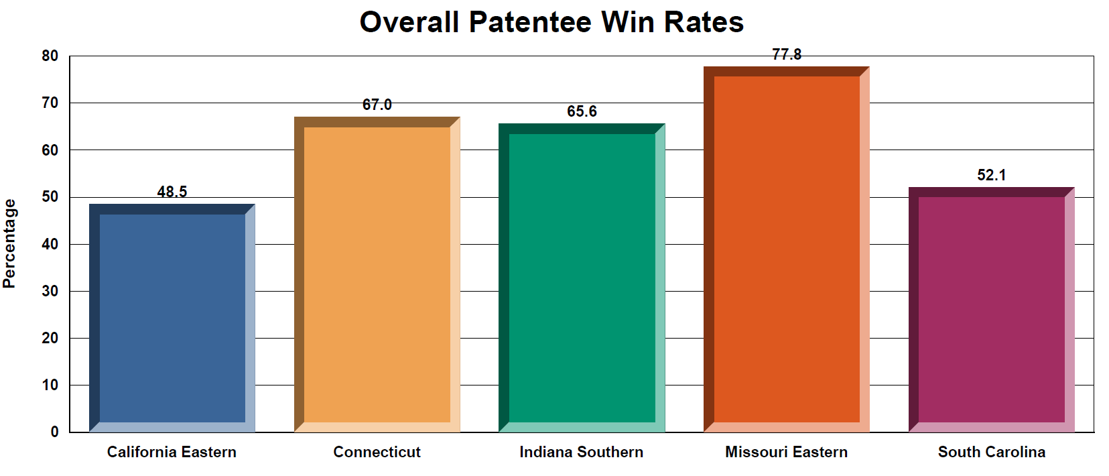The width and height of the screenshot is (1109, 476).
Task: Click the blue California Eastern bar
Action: coord(172,318)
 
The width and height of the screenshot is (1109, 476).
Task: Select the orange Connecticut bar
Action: coord(377,274)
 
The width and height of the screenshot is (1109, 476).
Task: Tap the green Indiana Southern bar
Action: coord(582,278)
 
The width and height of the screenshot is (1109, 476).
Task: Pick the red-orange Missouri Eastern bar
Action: coord(787,249)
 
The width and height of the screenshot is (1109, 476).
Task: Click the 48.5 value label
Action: coord(172,192)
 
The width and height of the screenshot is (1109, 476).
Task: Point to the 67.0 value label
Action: coord(377,105)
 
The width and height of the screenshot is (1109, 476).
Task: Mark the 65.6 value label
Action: coord(582,111)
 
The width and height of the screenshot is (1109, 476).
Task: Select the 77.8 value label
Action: coord(787,54)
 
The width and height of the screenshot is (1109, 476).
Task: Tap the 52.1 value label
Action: coord(992,175)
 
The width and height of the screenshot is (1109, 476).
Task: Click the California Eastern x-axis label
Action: coord(172,452)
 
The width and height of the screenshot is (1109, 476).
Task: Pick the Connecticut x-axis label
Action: coord(377,452)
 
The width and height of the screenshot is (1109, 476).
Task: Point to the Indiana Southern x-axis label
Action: coord(582,452)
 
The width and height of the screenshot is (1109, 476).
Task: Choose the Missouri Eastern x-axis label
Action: coord(787,452)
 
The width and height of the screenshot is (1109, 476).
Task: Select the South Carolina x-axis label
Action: coord(992,452)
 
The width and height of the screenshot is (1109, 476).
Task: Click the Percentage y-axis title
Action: coord(9,243)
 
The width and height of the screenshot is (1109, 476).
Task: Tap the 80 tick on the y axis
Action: coord(50,56)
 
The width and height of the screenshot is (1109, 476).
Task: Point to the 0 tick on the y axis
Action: coord(54,432)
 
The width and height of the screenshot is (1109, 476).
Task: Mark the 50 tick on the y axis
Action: coord(50,197)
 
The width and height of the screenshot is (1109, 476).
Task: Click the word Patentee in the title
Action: coord(529,22)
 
